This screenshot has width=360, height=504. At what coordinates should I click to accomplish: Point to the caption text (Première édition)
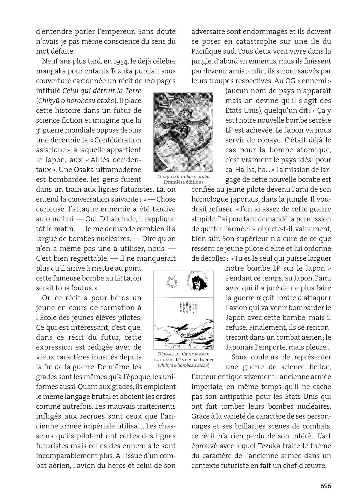click(x=183, y=182)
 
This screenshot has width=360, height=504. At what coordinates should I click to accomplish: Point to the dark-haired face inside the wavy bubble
click(x=198, y=282)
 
